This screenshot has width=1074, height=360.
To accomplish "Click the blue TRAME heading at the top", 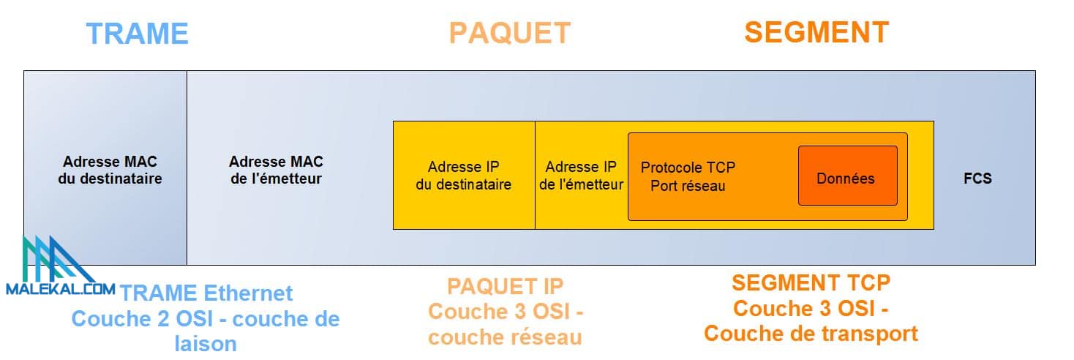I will point(138,34).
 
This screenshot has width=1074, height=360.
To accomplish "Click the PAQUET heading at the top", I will point(509,33).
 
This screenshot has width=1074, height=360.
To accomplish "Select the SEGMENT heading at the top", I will point(816,32).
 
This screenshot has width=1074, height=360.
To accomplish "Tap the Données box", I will point(846,178).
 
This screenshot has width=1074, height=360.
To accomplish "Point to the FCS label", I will point(977,178).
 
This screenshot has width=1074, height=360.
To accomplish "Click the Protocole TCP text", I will point(688,168).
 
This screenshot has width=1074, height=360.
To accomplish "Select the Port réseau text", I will point(688,186).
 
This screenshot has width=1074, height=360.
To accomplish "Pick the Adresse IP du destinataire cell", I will point(464,176).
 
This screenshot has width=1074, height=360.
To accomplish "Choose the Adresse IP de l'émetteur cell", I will point(582,176).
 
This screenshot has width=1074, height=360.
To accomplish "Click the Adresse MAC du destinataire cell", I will point(110,170).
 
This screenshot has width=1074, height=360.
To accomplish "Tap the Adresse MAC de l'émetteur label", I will point(276,170).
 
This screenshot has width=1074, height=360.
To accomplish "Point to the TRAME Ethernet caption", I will point(206,293).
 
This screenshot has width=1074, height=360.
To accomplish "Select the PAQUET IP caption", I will point(506,285).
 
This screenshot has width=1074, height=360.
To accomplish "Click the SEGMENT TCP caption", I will point(811,282).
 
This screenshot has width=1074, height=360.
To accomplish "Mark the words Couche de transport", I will point(811,334).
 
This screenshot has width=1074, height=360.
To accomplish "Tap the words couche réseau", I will point(505,337).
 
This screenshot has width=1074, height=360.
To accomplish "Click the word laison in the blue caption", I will point(206,343).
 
